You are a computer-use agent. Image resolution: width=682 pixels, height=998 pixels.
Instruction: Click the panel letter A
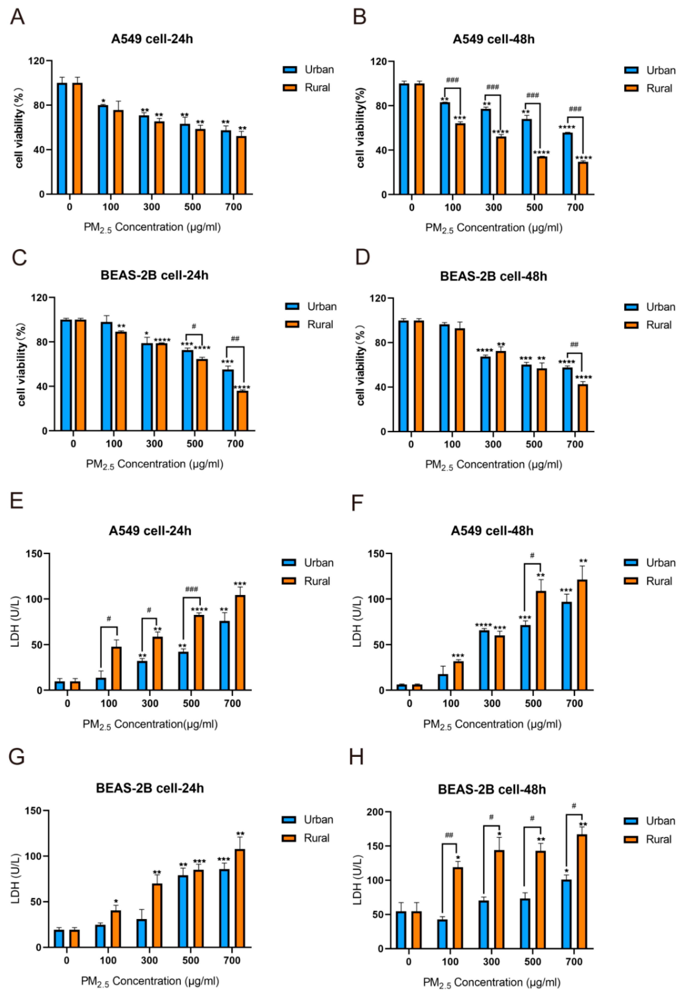click(17, 17)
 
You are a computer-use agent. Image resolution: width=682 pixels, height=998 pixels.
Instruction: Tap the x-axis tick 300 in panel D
click(493, 444)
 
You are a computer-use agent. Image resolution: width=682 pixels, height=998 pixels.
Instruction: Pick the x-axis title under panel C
click(155, 464)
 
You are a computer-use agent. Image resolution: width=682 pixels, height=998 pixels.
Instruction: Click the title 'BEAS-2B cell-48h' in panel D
click(493, 276)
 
